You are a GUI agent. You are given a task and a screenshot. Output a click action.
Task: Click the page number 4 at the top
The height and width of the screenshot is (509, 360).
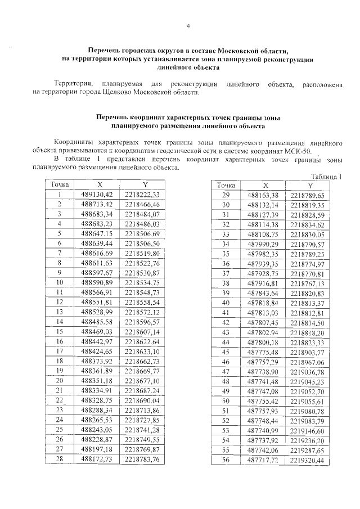click(188, 26)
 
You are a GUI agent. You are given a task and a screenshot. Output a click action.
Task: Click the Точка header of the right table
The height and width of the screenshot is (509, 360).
click(226, 185)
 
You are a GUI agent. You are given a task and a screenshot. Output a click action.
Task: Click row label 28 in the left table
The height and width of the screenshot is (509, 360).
click(60, 460)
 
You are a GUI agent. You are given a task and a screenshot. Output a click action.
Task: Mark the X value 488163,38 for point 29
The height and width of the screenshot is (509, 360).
click(263, 195)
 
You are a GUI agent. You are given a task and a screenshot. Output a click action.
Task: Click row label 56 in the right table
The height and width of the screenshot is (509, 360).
click(227, 460)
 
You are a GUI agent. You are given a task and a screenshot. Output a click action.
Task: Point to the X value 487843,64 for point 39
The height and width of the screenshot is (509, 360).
click(263, 293)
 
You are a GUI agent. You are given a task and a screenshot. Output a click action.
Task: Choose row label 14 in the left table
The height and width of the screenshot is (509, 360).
click(60, 321)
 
